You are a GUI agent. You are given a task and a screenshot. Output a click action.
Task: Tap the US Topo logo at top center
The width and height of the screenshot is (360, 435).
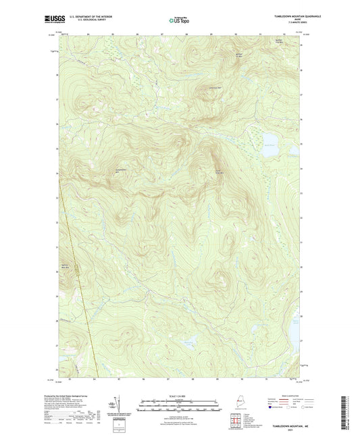(x=178, y=20)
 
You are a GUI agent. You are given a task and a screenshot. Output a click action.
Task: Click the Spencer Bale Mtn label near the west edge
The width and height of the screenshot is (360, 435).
(x=66, y=264)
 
